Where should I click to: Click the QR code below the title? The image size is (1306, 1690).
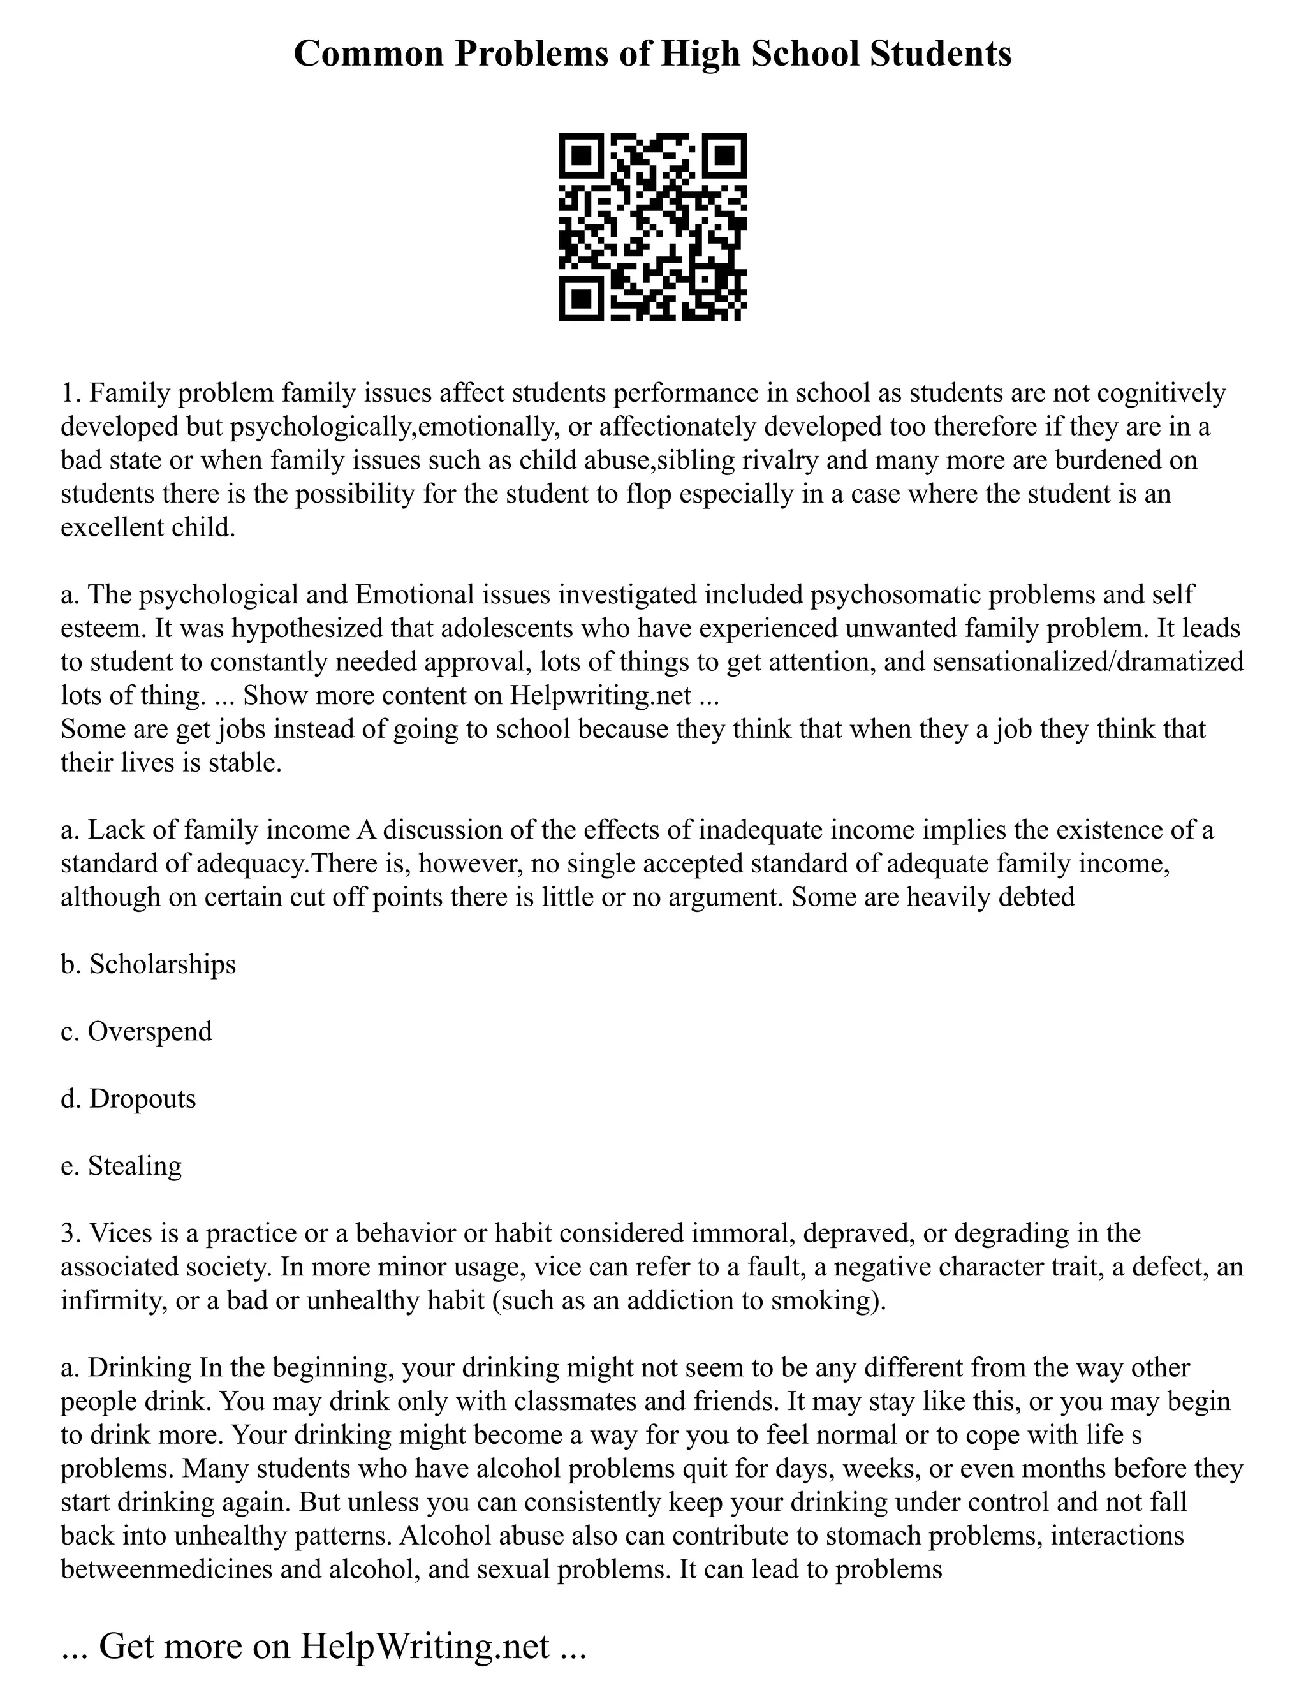(x=652, y=227)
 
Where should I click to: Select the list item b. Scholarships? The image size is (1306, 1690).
(x=148, y=964)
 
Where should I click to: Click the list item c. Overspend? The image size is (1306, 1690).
(x=136, y=1031)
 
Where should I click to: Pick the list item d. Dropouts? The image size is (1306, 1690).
(x=128, y=1099)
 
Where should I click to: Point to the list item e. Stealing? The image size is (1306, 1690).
(x=121, y=1165)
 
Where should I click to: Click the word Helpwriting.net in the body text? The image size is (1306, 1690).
(x=599, y=696)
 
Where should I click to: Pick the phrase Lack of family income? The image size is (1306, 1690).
(x=219, y=830)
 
